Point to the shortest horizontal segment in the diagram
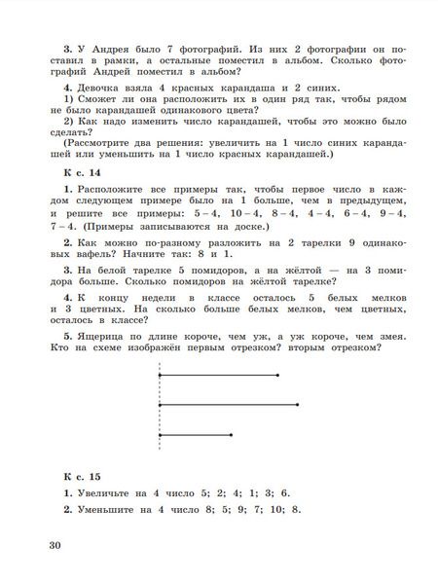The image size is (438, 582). [195, 434]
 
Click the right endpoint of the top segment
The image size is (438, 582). [276, 374]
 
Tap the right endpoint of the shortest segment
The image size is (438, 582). [231, 434]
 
